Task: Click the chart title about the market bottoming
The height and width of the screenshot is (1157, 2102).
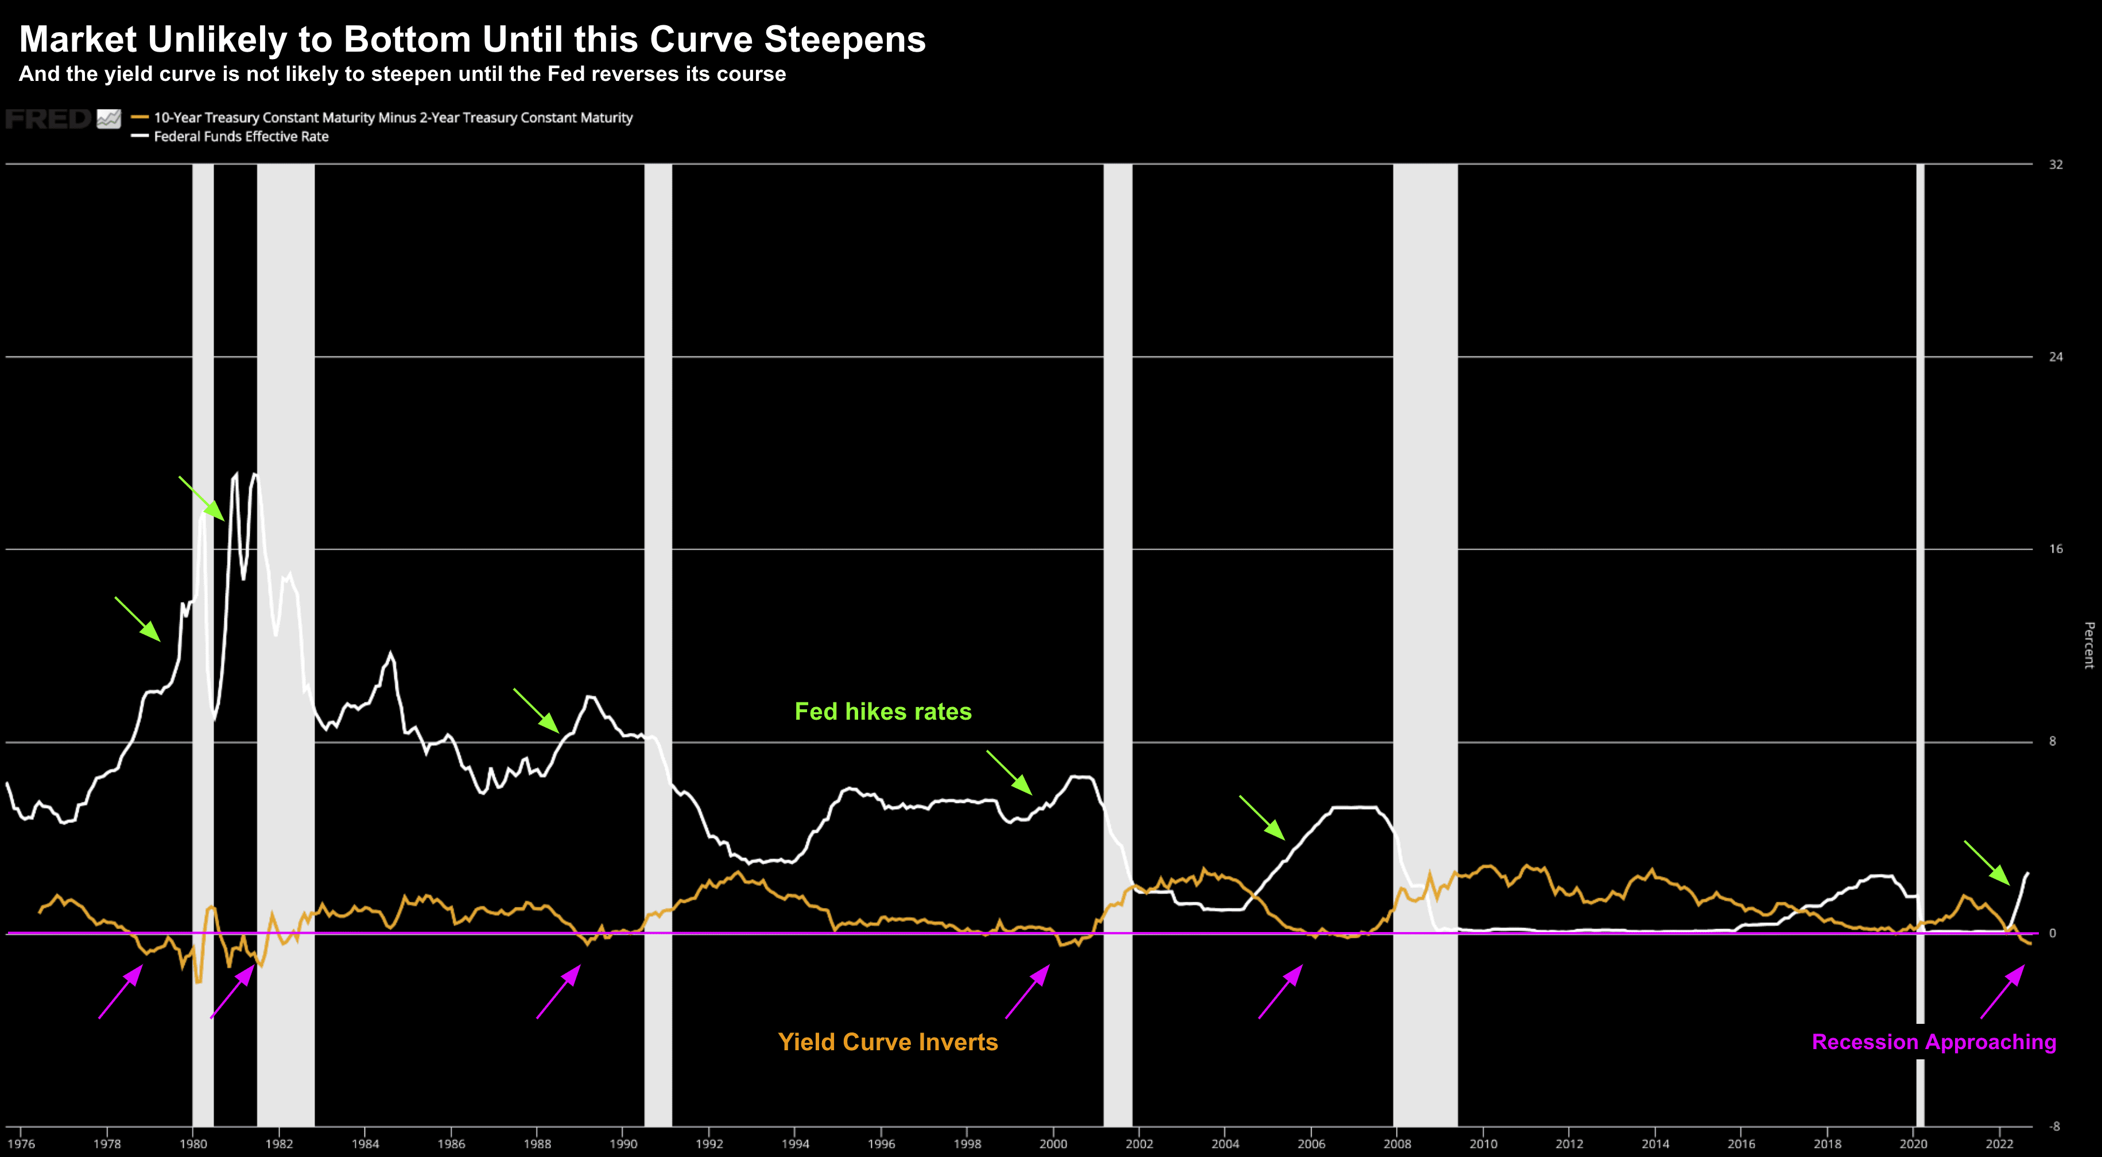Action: point(472,39)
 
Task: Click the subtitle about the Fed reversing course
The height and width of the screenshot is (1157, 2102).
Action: point(401,74)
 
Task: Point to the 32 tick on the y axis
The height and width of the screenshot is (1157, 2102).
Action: point(2056,165)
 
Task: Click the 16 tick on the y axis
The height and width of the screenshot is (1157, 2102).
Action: point(2056,549)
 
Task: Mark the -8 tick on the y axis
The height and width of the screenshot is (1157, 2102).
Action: point(2054,1127)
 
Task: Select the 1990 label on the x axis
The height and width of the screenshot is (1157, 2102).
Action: point(623,1144)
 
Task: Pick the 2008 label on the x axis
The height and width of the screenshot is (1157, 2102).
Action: point(1397,1144)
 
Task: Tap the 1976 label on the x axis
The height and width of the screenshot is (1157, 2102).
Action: point(21,1144)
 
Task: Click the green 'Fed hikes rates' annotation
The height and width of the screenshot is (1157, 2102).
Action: point(883,712)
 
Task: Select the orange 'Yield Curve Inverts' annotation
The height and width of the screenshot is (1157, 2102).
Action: point(888,1042)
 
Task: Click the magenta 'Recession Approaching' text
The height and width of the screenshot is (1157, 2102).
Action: point(1933,1042)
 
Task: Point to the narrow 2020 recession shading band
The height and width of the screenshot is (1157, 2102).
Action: point(1920,571)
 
